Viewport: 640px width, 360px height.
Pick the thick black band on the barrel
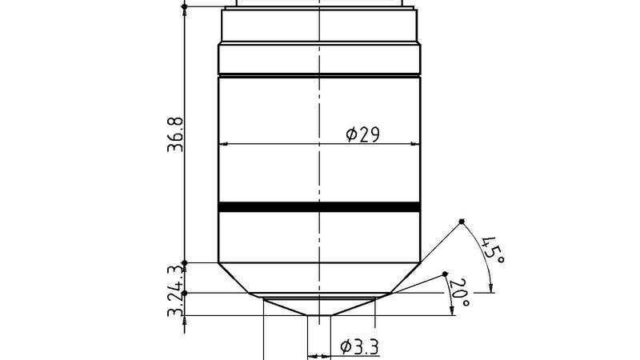click(319, 206)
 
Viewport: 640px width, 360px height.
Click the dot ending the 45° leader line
click(462, 222)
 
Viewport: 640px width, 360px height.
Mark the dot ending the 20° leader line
click(446, 275)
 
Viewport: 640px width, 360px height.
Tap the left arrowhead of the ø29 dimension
click(223, 145)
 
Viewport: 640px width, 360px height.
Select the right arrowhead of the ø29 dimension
click(416, 145)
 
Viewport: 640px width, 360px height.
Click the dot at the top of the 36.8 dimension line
click(185, 6)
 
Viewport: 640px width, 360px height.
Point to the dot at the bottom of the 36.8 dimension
click(185, 262)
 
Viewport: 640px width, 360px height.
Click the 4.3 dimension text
click(177, 278)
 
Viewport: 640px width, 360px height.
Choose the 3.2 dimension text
click(177, 306)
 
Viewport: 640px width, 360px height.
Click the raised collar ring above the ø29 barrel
click(319, 58)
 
